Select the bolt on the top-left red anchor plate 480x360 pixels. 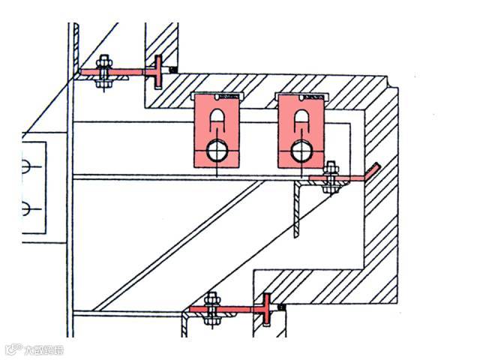pos(103,71)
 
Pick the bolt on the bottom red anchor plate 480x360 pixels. pos(212,307)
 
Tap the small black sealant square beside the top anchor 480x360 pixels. pos(175,70)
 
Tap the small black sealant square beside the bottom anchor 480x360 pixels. pos(280,307)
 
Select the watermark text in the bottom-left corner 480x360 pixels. pos(34,349)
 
